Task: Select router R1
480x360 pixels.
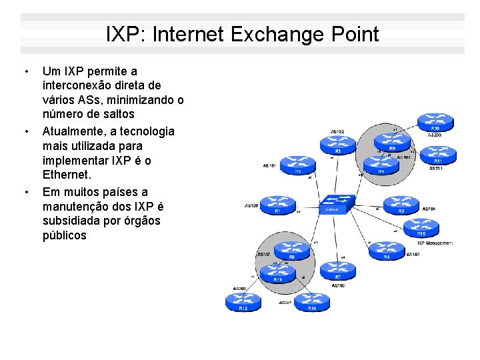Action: click(277, 203)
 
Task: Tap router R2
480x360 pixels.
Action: click(297, 164)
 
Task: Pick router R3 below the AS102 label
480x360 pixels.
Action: click(337, 144)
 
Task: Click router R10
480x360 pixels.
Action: click(435, 121)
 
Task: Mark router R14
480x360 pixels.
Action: click(311, 301)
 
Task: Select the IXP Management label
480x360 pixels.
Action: click(435, 243)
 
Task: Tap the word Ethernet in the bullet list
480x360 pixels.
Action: click(66, 175)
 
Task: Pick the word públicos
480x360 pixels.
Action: click(64, 235)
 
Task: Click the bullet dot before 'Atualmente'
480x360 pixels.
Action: click(25, 131)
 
